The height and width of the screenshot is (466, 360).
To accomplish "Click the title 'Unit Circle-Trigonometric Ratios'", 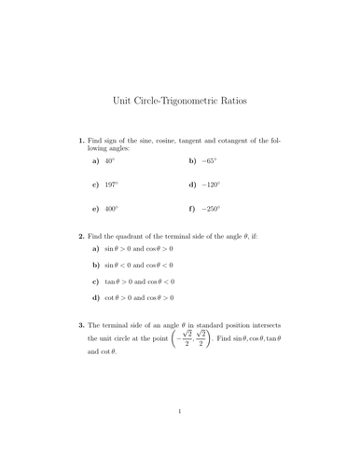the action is click(180, 97).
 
